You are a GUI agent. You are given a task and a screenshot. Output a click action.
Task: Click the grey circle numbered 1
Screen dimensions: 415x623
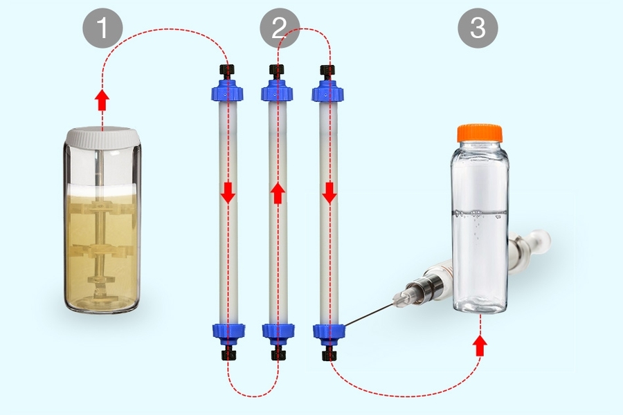(102, 29)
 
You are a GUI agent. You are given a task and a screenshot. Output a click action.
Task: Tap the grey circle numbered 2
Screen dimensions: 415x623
(279, 29)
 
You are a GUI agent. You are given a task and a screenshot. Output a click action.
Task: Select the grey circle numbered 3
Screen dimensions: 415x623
(478, 29)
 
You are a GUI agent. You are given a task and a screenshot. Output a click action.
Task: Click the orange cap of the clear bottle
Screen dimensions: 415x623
(482, 133)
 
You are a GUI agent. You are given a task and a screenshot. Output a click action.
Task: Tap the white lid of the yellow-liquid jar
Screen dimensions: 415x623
(102, 137)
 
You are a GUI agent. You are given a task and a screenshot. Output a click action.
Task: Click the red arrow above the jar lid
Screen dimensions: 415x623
(102, 100)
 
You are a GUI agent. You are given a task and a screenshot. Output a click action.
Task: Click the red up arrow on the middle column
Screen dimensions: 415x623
(278, 192)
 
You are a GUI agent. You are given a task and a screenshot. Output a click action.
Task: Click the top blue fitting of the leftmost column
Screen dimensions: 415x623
(227, 91)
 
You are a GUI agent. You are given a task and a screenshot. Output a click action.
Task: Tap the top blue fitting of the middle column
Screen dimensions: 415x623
(278, 91)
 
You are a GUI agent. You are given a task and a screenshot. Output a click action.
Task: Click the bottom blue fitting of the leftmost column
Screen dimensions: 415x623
(227, 331)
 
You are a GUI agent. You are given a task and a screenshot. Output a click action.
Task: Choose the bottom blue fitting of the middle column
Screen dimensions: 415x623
(278, 331)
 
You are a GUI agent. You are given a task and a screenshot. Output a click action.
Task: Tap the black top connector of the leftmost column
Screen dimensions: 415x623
(227, 71)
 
